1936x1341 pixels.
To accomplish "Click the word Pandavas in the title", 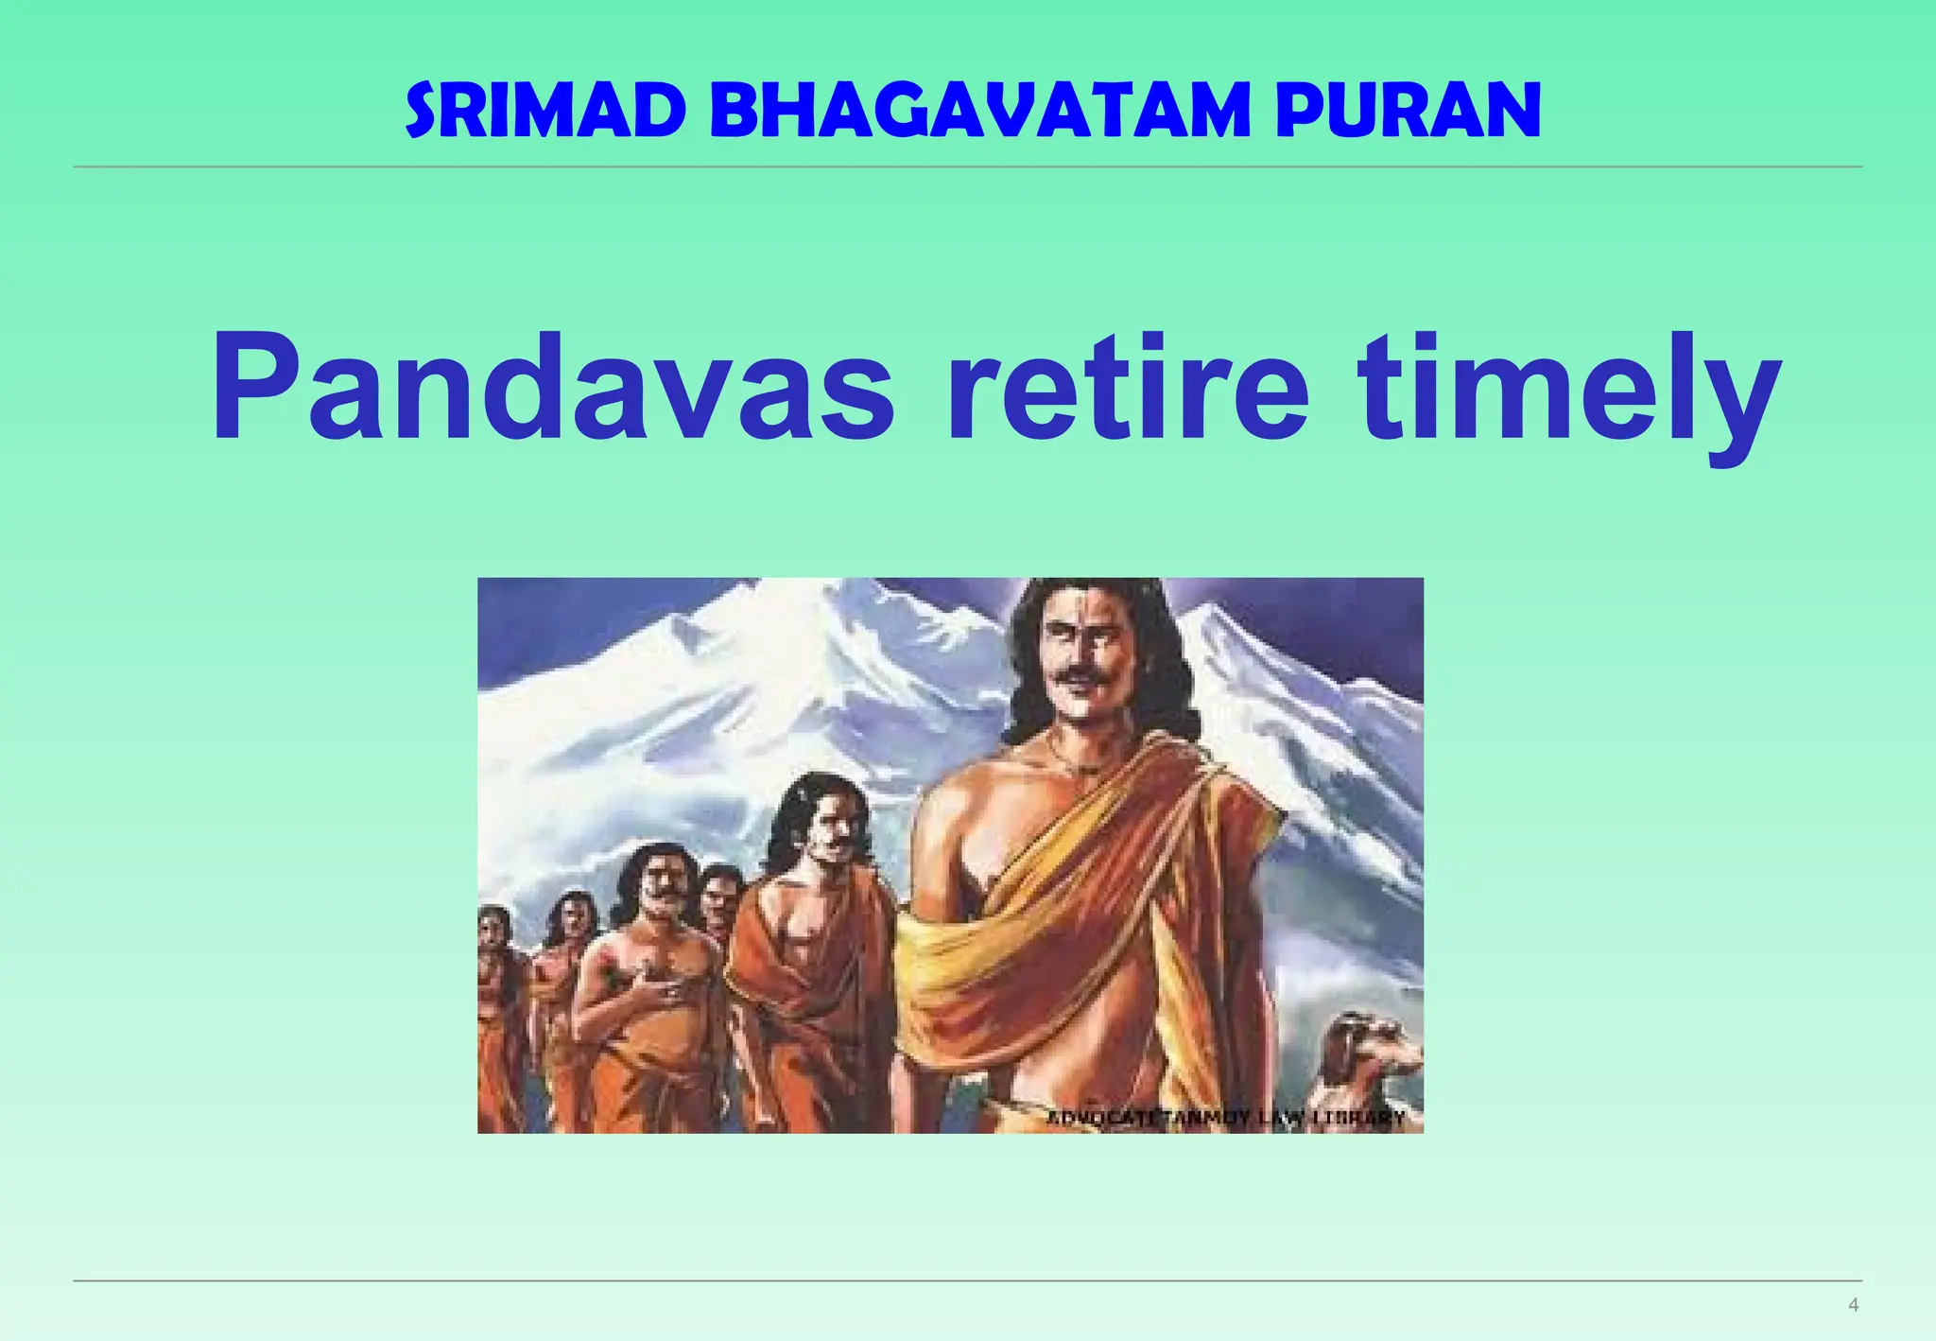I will tap(552, 389).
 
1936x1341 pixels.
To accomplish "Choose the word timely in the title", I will tap(1569, 389).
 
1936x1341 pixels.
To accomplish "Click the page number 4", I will tap(1853, 1305).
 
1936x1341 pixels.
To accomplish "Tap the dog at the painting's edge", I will tap(1371, 1050).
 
